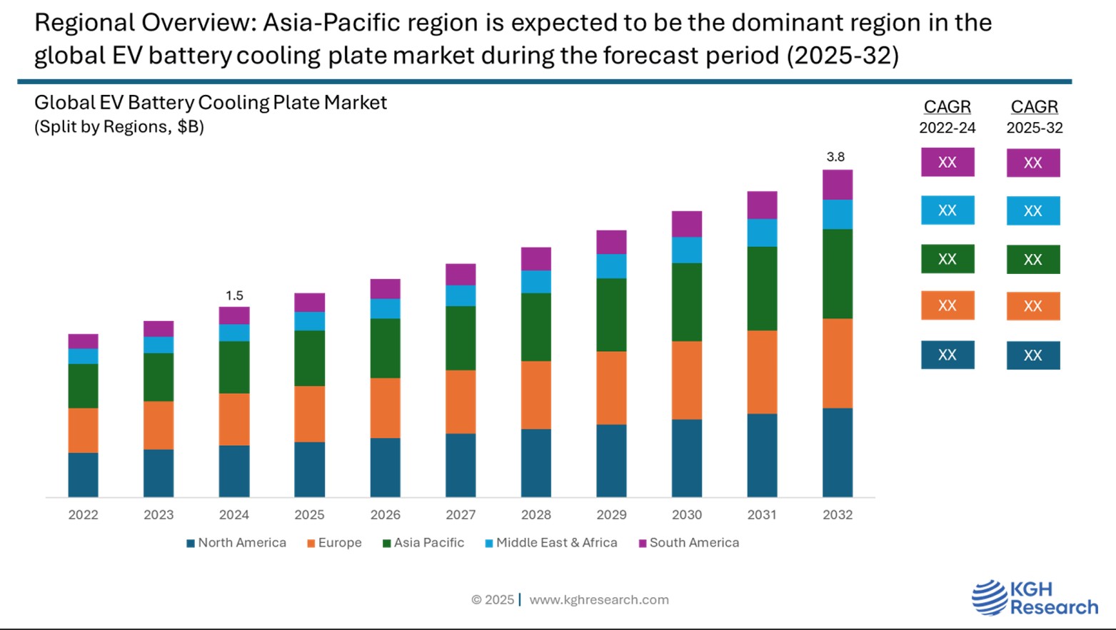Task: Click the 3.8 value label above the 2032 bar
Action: pyautogui.click(x=835, y=157)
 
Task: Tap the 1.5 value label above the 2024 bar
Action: pyautogui.click(x=234, y=295)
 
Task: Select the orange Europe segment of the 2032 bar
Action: pyautogui.click(x=837, y=363)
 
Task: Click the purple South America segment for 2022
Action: pyautogui.click(x=83, y=341)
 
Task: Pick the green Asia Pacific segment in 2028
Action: pyautogui.click(x=536, y=327)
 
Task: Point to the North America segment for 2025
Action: pyautogui.click(x=309, y=469)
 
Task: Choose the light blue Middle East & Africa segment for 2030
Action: pyautogui.click(x=686, y=250)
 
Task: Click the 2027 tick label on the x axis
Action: pyautogui.click(x=461, y=514)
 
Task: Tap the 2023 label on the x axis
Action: pyautogui.click(x=159, y=514)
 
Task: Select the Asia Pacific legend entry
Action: pyautogui.click(x=423, y=543)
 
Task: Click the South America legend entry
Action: pyautogui.click(x=689, y=543)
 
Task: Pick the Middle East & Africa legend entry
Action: pyautogui.click(x=551, y=543)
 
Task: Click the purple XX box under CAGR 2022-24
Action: pyautogui.click(x=947, y=163)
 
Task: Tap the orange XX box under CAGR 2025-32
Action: pyautogui.click(x=1032, y=306)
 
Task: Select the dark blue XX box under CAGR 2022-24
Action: pyautogui.click(x=947, y=355)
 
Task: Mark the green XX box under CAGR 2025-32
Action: pyautogui.click(x=1032, y=260)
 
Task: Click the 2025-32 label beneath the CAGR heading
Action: pyautogui.click(x=1034, y=128)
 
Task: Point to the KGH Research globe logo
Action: pyautogui.click(x=989, y=598)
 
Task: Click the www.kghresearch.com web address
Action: pyautogui.click(x=598, y=600)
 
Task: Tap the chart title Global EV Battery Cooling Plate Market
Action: pyautogui.click(x=211, y=103)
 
